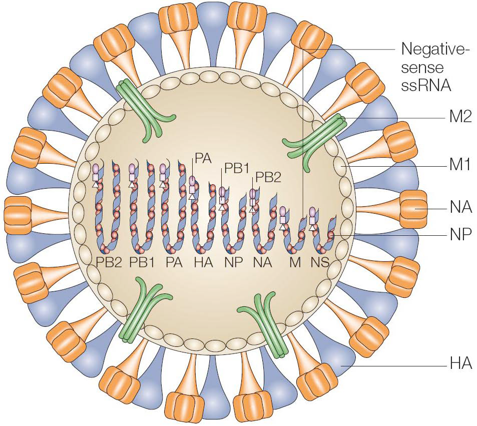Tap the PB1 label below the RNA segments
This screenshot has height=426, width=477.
[142, 262]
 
